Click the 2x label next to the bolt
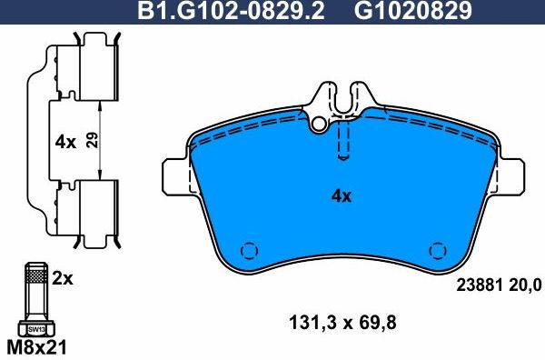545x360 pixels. pyautogui.click(x=62, y=279)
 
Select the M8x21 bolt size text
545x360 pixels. pyautogui.click(x=36, y=348)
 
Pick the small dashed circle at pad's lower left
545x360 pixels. pyautogui.click(x=249, y=250)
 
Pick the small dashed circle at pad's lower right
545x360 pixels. pyautogui.click(x=438, y=250)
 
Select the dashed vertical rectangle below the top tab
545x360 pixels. pyautogui.click(x=342, y=141)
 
